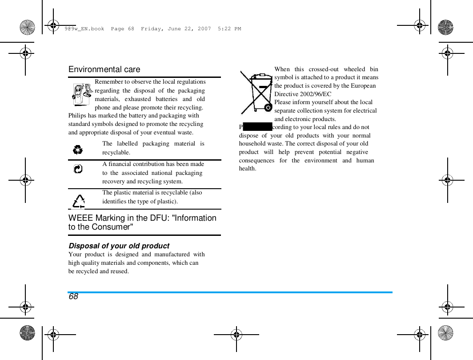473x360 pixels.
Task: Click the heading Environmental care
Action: (104, 69)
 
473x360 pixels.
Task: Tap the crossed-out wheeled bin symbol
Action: (257, 93)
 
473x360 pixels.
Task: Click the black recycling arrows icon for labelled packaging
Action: (78, 150)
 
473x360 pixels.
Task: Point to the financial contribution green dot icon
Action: (78, 169)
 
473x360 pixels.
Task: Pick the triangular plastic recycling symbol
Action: (79, 202)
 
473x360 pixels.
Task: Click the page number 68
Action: (73, 296)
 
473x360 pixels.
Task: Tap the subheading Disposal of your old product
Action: (119, 246)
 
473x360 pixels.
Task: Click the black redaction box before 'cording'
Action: (258, 127)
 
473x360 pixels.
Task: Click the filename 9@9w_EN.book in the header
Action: (84, 29)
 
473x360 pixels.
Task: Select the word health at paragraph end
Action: (248, 169)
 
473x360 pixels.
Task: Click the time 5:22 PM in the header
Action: (229, 29)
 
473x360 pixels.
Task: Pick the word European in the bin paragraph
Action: (363, 86)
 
